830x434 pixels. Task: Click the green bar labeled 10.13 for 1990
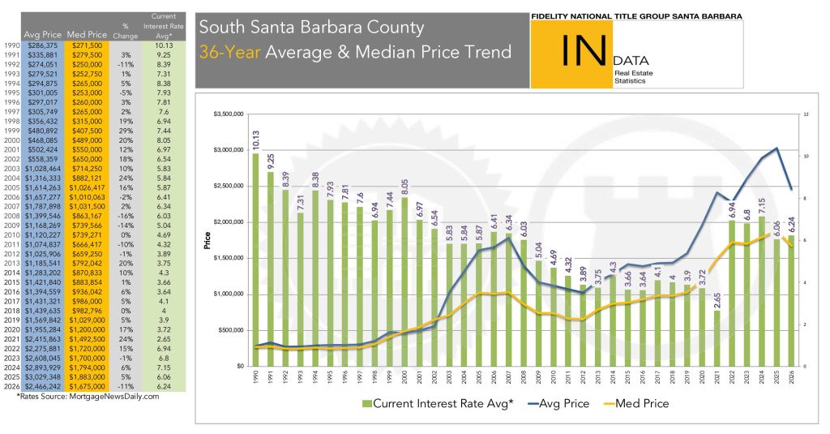click(x=256, y=260)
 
